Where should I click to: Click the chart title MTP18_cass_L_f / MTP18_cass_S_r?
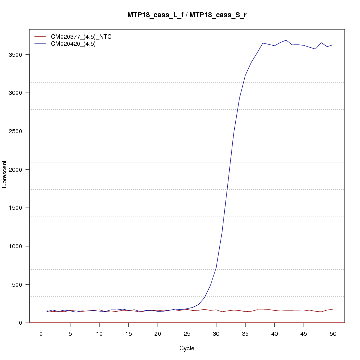click(x=187, y=15)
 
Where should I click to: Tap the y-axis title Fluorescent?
click(x=5, y=175)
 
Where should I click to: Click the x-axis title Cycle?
click(x=187, y=348)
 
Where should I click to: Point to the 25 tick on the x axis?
click(x=187, y=333)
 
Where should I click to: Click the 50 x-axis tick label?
click(x=333, y=333)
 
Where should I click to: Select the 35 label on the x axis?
click(x=245, y=333)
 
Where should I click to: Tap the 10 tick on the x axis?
click(x=99, y=333)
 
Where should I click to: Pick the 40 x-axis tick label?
click(x=274, y=333)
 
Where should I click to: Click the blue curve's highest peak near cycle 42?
click(x=286, y=40)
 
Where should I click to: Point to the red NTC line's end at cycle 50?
click(x=333, y=309)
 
